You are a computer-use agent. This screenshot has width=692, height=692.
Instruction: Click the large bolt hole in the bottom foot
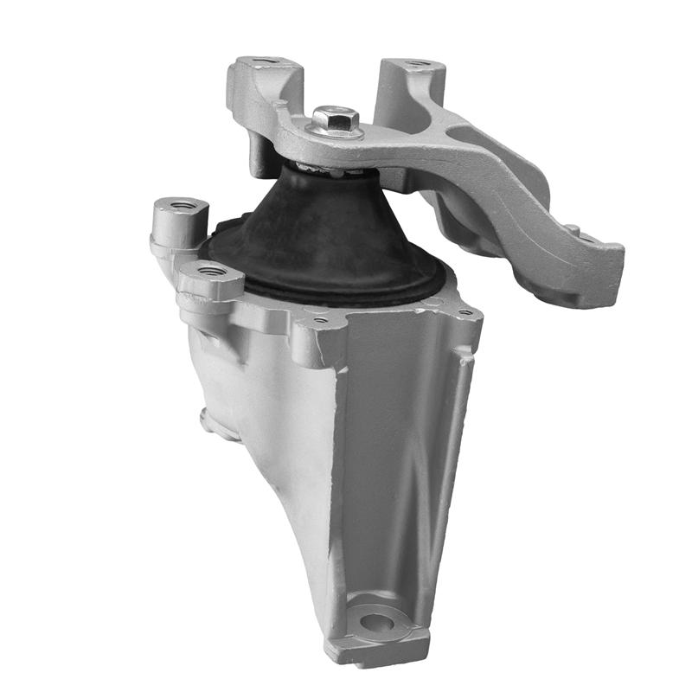[x=377, y=620]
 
